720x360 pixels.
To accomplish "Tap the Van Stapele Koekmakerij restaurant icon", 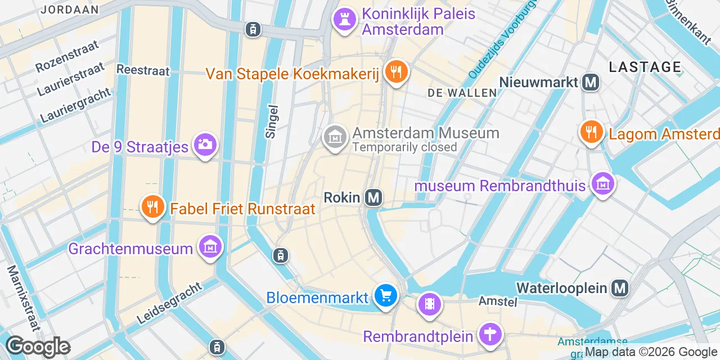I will coord(397,72).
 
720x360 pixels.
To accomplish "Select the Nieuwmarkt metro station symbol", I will coord(591,83).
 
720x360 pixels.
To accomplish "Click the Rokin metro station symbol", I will coord(373,197).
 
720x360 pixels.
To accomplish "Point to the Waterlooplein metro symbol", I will coord(620,289).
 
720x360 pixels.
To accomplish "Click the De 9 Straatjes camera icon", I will coord(205,145).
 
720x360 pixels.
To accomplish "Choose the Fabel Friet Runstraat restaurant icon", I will coord(152,206).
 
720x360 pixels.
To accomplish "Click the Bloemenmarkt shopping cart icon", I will coord(386,295).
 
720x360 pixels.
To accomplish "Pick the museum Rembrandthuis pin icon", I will coord(602,184).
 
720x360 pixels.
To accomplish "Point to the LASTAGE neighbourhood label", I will coord(645,67).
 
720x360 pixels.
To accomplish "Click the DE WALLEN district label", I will coord(462,93).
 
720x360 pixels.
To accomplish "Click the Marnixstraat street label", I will coord(21,298).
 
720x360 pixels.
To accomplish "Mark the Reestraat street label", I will coord(143,70).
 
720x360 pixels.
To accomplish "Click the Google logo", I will coord(38,347).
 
